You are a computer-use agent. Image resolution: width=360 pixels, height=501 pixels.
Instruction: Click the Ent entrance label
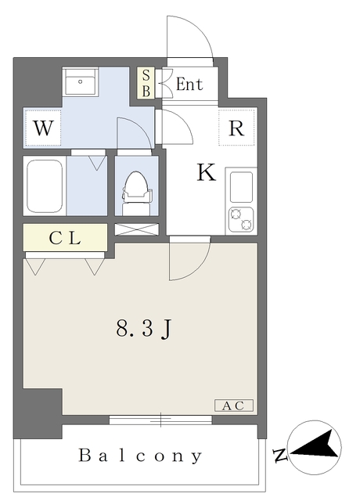(189, 85)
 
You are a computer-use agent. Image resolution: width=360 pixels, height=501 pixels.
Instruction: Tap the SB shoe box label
(146, 84)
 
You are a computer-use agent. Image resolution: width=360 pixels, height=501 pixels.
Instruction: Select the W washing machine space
(43, 129)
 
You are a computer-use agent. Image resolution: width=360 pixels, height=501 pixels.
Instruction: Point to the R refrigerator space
(236, 129)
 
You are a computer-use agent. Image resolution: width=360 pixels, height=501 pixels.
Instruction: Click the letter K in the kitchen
(205, 173)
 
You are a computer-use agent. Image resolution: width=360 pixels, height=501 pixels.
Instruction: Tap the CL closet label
(65, 239)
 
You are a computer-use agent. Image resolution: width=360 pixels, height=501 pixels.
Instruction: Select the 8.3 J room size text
(142, 330)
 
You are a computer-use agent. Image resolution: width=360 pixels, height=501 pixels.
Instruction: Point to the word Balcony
(141, 456)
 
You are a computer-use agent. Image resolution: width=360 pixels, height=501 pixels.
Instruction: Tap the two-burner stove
(240, 219)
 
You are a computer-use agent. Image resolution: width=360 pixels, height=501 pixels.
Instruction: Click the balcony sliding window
(160, 420)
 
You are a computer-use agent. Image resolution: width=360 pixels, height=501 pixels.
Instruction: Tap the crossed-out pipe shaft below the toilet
(137, 229)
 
